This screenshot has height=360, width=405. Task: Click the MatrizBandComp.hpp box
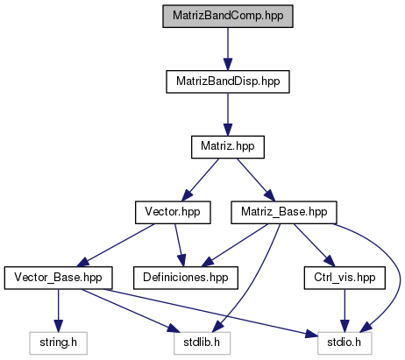[x=228, y=16]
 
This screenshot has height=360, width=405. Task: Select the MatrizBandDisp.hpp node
[x=228, y=81]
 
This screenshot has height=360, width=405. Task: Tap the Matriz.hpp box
[x=228, y=147]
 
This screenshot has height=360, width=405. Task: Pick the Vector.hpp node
[x=173, y=212]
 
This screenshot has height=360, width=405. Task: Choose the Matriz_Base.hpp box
[x=284, y=212]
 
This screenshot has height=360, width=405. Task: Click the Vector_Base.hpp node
[x=58, y=278]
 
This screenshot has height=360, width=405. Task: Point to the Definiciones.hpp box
[x=186, y=278]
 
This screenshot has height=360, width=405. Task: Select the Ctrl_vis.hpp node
[x=345, y=278]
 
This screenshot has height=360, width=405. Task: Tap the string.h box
[x=58, y=343]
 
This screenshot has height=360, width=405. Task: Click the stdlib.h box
[x=202, y=343]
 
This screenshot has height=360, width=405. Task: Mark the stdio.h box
[x=345, y=343]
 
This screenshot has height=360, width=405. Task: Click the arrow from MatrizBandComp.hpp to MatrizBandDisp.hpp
[x=228, y=49]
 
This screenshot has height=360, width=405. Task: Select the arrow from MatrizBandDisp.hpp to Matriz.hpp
[x=228, y=114]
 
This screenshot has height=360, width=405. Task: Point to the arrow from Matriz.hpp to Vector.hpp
[x=200, y=180]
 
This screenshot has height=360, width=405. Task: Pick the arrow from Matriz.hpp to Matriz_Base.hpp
[x=256, y=180]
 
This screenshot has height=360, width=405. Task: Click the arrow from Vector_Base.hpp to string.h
[x=58, y=310]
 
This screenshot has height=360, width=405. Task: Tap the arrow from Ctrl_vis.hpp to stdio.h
[x=345, y=310]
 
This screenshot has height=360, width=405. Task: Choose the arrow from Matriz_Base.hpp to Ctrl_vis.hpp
[x=314, y=245]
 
